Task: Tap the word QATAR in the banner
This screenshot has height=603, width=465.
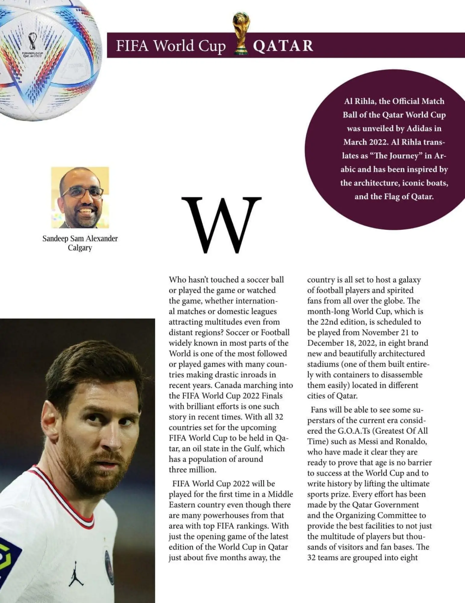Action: pyautogui.click(x=283, y=46)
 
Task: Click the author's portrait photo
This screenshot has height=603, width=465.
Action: pyautogui.click(x=80, y=197)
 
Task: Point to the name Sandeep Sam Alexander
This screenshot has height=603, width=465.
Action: pyautogui.click(x=80, y=238)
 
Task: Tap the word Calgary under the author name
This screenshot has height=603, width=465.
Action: pyautogui.click(x=80, y=248)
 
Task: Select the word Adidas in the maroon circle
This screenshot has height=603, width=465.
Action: pyautogui.click(x=419, y=129)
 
